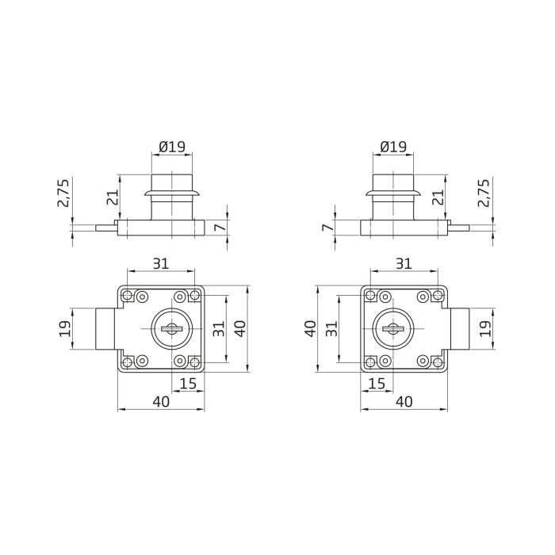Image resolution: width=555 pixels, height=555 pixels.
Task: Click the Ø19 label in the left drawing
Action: pyautogui.click(x=172, y=147)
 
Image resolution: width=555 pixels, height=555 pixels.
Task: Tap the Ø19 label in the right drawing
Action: pyautogui.click(x=392, y=147)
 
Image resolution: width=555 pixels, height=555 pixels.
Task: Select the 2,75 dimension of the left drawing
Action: pyautogui.click(x=64, y=193)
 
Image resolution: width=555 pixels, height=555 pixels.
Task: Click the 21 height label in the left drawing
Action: pyautogui.click(x=112, y=197)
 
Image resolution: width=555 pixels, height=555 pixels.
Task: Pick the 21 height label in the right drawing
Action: pyautogui.click(x=438, y=197)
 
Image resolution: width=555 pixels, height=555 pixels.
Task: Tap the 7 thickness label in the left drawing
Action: pyautogui.click(x=220, y=228)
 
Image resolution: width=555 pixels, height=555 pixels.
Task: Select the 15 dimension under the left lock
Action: pyautogui.click(x=188, y=385)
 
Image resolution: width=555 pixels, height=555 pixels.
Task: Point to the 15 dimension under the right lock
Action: pyautogui.click(x=377, y=385)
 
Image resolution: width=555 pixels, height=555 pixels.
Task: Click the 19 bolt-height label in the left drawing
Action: pyautogui.click(x=67, y=328)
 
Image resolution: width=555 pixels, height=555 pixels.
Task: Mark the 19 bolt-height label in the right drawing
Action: pyautogui.click(x=486, y=328)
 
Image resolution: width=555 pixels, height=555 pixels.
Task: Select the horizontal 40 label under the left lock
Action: pyautogui.click(x=161, y=402)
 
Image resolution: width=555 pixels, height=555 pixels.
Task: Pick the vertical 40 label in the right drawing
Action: pyautogui.click(x=311, y=328)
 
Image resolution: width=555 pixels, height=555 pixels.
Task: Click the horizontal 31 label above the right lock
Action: pyautogui.click(x=403, y=263)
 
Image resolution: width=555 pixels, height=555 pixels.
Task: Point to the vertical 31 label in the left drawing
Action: pyautogui.click(x=219, y=328)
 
